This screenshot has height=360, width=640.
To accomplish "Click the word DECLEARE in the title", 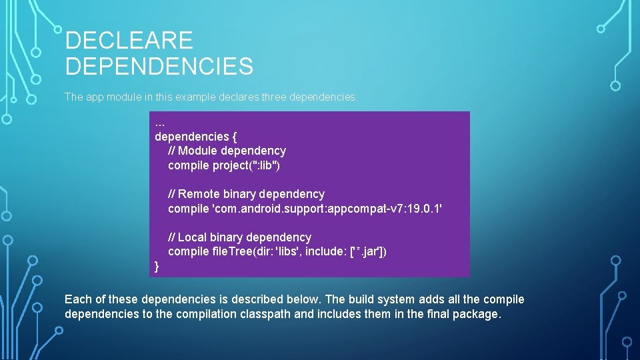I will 129,41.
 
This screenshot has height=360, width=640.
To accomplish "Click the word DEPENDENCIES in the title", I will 159,66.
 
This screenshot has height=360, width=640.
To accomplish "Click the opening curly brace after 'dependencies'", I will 226,137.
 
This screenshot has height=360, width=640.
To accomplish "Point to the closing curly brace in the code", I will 157,267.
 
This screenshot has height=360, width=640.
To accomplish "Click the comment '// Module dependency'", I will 227,151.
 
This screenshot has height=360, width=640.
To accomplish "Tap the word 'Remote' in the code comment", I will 199,194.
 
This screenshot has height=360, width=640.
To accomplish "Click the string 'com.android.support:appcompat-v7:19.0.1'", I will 327,209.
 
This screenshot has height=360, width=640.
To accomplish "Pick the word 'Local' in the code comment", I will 193,237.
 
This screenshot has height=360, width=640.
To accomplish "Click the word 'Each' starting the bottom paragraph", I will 77,299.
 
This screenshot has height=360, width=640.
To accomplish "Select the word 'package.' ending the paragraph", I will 476,314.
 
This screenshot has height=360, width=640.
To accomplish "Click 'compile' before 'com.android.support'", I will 188,209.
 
